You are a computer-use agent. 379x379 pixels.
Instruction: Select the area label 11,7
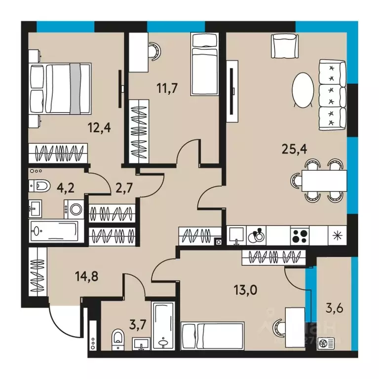[x=167, y=89]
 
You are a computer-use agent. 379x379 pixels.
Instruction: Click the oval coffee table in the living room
[x=302, y=90]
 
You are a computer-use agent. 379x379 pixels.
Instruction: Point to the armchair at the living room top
[x=284, y=46]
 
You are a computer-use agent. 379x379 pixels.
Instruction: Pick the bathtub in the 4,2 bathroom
[x=54, y=230]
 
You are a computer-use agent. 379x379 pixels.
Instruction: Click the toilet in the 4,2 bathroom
[x=40, y=186]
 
